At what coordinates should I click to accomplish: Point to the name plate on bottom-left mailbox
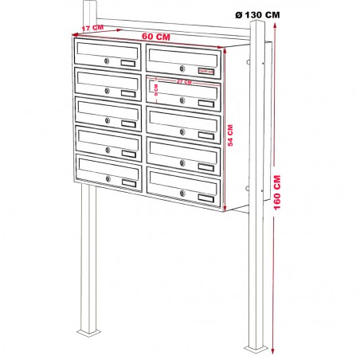click(x=127, y=182)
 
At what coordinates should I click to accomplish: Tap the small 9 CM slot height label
click(x=156, y=93)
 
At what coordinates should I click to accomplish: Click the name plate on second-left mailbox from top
click(x=127, y=93)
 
